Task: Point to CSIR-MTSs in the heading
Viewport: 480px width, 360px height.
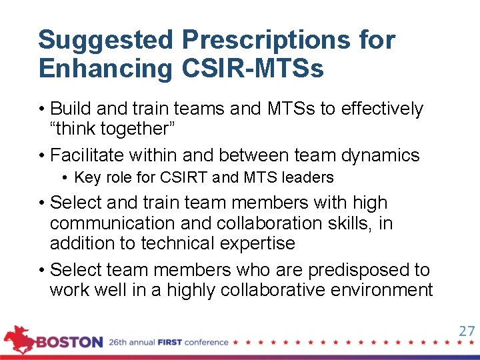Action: coord(253,69)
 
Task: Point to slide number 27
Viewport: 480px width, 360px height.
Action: coord(466,331)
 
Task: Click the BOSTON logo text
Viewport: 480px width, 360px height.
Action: coord(69,343)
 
